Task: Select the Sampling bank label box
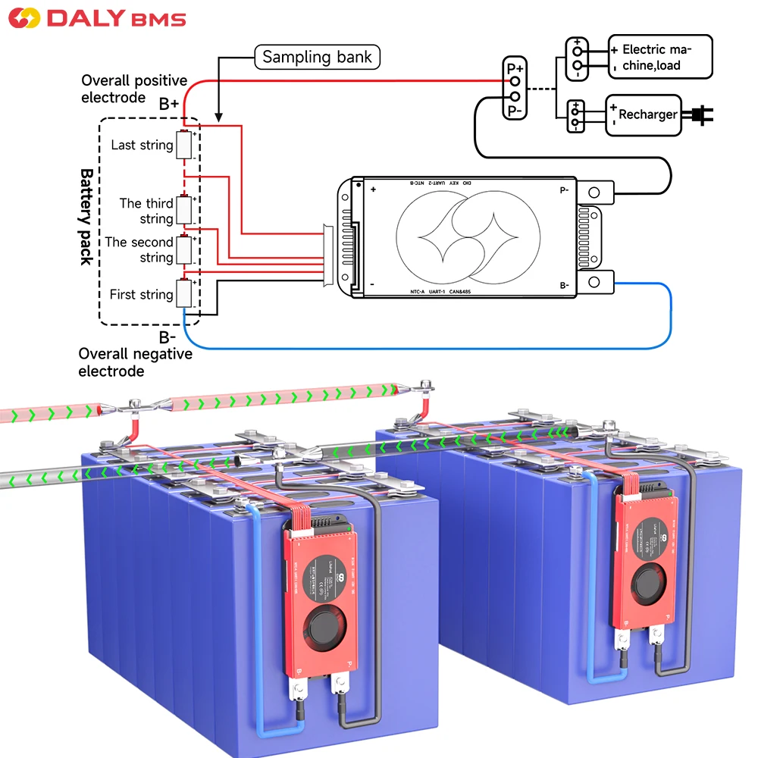click(x=316, y=57)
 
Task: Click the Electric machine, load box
click(x=659, y=57)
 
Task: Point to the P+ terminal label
click(x=515, y=68)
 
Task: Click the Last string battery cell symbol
click(x=184, y=145)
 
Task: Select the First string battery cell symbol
click(x=184, y=293)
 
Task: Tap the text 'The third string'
click(x=146, y=211)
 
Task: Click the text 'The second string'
click(x=139, y=249)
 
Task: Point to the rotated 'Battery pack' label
click(x=86, y=216)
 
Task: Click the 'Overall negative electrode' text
click(x=135, y=362)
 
